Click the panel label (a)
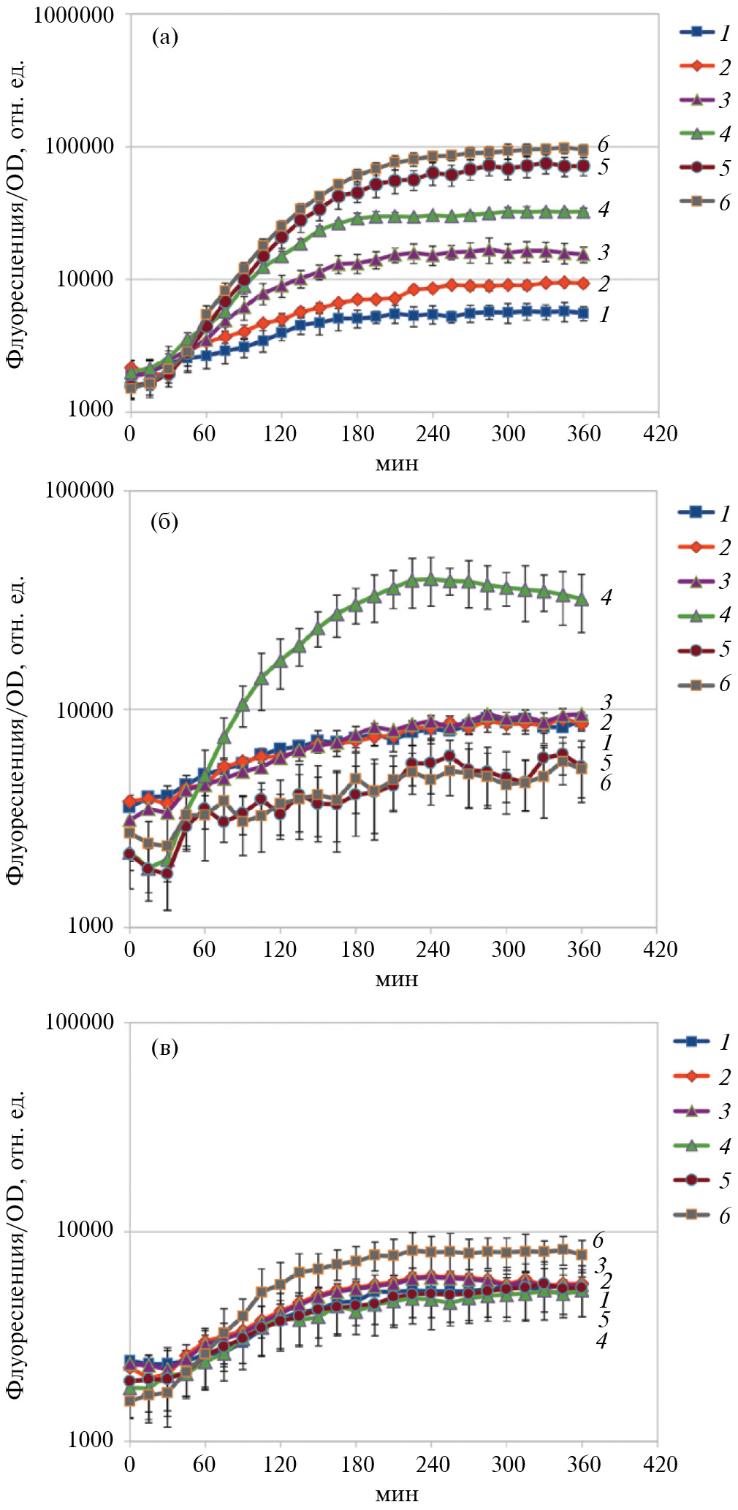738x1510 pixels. click(x=164, y=37)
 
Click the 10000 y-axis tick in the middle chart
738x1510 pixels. click(x=86, y=709)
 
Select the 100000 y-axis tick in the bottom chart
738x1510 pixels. click(x=80, y=1021)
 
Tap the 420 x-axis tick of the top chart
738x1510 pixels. click(x=658, y=434)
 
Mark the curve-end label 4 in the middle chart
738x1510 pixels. click(x=606, y=598)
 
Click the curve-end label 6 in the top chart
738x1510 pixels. click(x=603, y=145)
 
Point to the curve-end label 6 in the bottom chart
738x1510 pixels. click(x=598, y=1240)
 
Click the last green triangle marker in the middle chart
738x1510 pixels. click(x=582, y=599)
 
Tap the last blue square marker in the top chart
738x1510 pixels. click(x=582, y=313)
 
